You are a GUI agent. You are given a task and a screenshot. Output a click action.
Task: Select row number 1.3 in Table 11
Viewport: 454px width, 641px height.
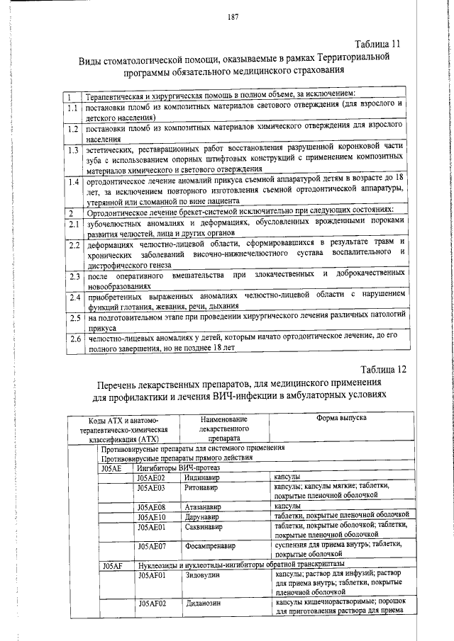[x=72, y=150]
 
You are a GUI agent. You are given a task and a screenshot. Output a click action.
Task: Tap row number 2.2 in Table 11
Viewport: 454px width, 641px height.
[x=72, y=246]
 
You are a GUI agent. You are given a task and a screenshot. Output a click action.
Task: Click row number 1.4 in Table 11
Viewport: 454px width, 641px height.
[x=72, y=182]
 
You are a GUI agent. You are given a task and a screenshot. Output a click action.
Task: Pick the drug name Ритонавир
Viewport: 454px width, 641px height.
[x=199, y=488]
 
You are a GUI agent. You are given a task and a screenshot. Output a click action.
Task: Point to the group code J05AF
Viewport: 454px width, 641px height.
[x=112, y=565]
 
